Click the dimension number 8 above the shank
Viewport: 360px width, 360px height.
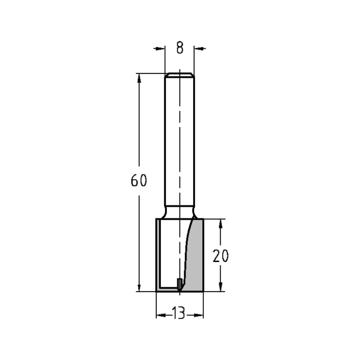pos(180,48)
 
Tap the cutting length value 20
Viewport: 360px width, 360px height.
pos(221,256)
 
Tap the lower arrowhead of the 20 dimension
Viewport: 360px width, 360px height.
pos(221,287)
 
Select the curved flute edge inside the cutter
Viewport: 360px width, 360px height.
pos(186,252)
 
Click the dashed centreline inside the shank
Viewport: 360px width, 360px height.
pos(179,144)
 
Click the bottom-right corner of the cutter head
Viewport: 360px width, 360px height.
pos(204,291)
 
